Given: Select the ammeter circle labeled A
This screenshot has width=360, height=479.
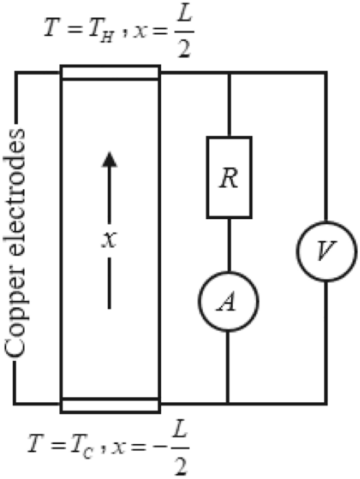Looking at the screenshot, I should pos(228,299).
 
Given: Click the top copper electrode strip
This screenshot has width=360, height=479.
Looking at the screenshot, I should pos(110,72).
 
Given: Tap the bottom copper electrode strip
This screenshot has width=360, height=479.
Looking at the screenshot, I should pos(110,405).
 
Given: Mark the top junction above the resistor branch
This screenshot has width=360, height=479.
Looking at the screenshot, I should pos(228,73).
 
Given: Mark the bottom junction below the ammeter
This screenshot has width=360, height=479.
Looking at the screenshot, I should pos(228,404).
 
